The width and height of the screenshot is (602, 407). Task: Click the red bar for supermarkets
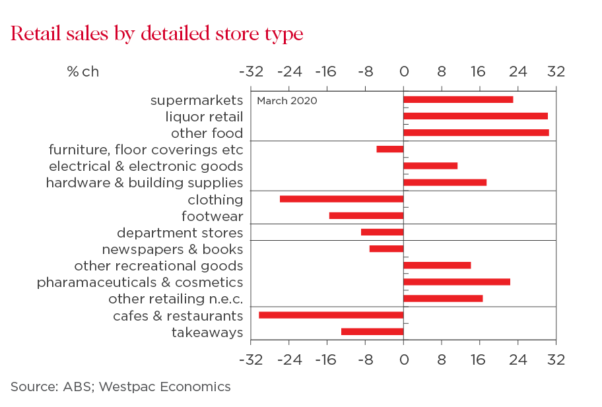tap(458, 100)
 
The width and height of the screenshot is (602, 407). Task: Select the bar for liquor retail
tap(475, 116)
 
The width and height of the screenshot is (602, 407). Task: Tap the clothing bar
tap(341, 199)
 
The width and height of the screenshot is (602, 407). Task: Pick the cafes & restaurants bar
tap(331, 315)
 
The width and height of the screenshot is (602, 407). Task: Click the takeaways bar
tap(372, 331)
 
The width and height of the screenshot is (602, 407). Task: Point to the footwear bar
tap(366, 216)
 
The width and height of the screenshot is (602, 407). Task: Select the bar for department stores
tap(382, 232)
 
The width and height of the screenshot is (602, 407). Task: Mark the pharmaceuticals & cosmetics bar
tap(457, 282)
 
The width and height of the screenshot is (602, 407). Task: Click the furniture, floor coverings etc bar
tap(390, 149)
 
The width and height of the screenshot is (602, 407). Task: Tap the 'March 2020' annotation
tap(286, 101)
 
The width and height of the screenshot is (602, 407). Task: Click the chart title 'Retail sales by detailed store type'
tap(157, 34)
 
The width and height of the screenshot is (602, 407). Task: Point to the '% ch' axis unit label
tap(83, 72)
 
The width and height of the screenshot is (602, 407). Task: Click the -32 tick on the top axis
tap(251, 72)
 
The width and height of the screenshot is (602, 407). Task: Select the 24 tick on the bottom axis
tap(518, 360)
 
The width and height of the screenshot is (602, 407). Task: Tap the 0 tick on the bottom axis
tap(403, 360)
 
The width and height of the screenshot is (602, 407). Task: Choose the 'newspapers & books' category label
tap(172, 249)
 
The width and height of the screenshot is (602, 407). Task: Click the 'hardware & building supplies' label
tap(144, 183)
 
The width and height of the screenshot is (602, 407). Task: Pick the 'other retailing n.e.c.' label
tap(176, 299)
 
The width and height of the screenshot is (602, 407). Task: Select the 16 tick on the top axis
tap(479, 72)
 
